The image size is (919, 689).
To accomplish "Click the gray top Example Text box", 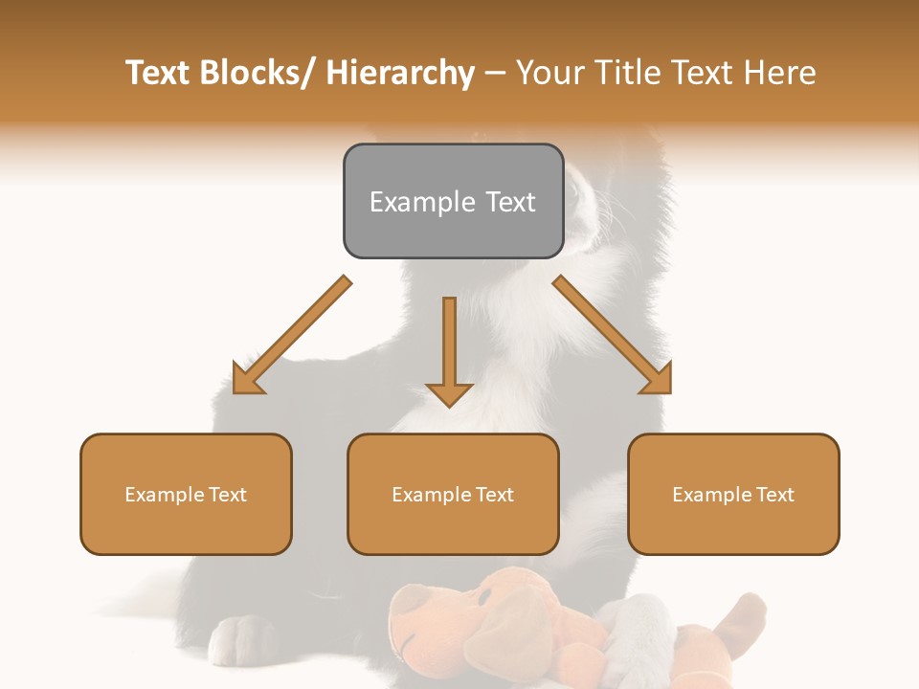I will tap(453, 201).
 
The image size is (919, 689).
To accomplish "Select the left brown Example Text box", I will tap(186, 495).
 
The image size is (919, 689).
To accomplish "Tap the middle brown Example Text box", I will tap(453, 495).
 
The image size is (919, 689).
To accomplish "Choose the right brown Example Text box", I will tap(733, 495).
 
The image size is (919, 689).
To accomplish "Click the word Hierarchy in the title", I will tap(400, 73).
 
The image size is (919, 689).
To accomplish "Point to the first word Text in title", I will tap(159, 73).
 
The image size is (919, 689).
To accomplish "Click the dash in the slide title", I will tap(495, 73).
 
